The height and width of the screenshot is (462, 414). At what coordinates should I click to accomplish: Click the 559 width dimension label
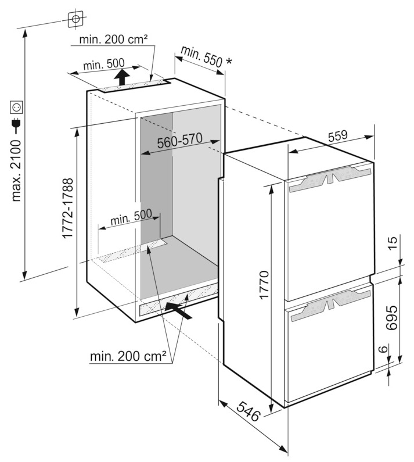338,136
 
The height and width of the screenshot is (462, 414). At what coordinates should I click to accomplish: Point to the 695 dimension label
392,318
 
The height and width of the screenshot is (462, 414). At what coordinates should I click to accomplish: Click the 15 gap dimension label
393,243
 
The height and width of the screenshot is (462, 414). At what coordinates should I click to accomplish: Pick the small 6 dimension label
382,349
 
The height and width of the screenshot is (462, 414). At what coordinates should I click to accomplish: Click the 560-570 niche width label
179,141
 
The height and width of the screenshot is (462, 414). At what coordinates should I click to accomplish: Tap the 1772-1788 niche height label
67,208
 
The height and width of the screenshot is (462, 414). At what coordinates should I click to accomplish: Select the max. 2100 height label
16,171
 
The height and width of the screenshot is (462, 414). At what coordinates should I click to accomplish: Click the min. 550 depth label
201,56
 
